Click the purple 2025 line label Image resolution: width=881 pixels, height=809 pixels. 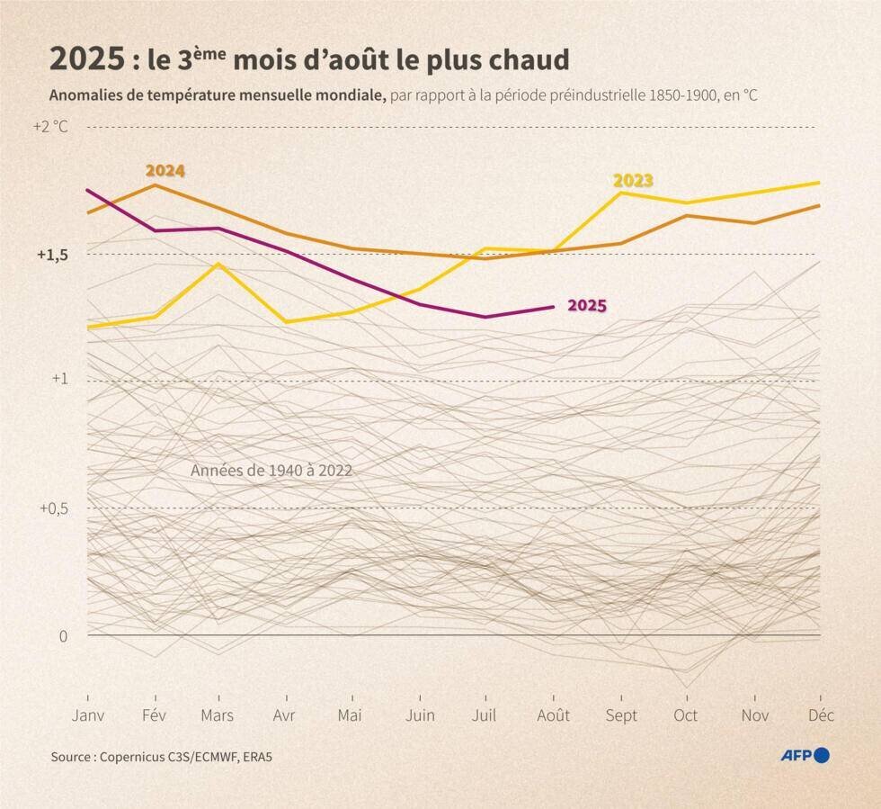point(586,306)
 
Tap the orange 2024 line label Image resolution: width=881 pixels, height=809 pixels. point(165,170)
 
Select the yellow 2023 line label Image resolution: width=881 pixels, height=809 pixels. point(633,181)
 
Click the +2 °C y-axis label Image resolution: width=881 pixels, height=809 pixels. point(50,126)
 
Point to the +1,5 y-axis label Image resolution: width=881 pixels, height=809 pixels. point(52,255)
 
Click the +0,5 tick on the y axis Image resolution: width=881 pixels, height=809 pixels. point(53,508)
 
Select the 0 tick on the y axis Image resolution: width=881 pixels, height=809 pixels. point(63,636)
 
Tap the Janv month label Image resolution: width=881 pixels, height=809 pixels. point(88,715)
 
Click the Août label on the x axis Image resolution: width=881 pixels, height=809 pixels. point(553,715)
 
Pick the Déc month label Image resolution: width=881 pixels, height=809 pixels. point(820,715)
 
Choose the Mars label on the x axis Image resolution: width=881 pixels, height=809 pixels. point(218,715)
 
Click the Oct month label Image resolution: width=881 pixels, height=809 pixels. point(686,715)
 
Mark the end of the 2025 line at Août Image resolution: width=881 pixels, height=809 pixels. point(553,307)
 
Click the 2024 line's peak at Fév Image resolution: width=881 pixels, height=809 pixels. point(156,185)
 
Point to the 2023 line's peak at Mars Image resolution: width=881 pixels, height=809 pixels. point(218,264)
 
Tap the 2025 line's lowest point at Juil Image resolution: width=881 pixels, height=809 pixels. point(485,317)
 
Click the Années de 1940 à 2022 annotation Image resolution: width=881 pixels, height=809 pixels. point(271,471)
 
